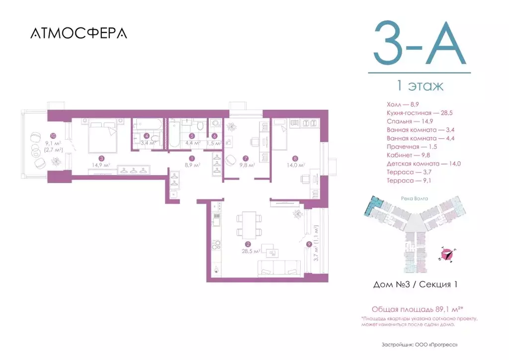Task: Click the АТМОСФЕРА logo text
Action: tap(79, 33)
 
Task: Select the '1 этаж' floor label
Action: tap(419, 86)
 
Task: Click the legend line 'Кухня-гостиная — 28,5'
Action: tap(419, 113)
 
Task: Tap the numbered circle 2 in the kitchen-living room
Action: tap(247, 245)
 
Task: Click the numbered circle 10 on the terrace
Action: tap(53, 135)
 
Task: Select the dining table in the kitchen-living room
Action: tap(248, 224)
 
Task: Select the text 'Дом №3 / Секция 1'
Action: tap(415, 285)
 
